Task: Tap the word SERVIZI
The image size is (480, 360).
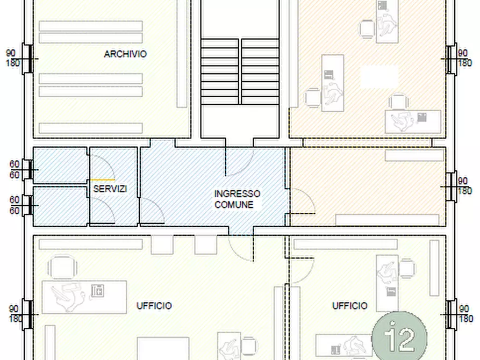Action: point(110,189)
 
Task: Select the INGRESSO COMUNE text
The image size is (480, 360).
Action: point(237,199)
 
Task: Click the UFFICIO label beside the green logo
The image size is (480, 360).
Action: point(350,306)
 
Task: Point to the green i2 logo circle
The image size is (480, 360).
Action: point(399,336)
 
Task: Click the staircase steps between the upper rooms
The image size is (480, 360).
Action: point(240,71)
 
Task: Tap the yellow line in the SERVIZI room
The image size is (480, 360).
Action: point(103,179)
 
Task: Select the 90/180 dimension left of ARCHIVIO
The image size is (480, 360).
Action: point(12,58)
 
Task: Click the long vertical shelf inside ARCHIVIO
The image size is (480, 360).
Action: point(182,54)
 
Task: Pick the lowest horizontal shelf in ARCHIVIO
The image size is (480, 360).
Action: point(91,128)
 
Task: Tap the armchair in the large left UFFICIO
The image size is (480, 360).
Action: point(62,267)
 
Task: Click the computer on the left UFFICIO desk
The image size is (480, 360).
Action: point(97,291)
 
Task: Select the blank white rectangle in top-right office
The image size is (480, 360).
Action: point(379,77)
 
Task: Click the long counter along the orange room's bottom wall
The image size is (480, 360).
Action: point(387,220)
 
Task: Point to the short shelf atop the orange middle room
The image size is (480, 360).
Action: point(414,155)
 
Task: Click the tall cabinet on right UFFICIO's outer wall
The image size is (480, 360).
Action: point(434,268)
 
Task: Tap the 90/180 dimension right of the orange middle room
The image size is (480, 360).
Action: point(465,186)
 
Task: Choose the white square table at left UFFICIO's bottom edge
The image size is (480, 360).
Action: point(163,349)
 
